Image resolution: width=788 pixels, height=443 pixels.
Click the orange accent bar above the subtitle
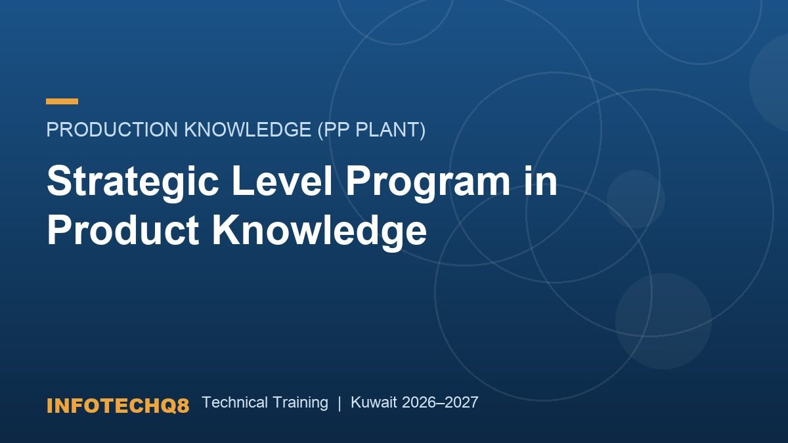(62, 101)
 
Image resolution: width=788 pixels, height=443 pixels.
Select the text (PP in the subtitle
(334, 130)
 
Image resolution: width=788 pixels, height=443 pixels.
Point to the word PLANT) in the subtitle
(391, 130)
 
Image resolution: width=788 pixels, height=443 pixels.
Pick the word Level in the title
(282, 180)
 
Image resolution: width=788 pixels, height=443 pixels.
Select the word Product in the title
(123, 230)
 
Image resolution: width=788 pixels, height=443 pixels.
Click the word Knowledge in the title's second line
(319, 232)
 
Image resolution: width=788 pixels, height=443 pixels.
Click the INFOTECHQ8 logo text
(118, 406)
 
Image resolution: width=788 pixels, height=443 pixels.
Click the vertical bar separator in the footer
(339, 403)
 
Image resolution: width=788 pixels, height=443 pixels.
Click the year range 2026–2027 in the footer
(440, 402)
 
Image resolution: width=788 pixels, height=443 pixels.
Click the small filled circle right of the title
(636, 199)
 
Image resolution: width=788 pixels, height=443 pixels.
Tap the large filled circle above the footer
(663, 321)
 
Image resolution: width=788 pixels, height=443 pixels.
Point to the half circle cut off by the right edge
(770, 82)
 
